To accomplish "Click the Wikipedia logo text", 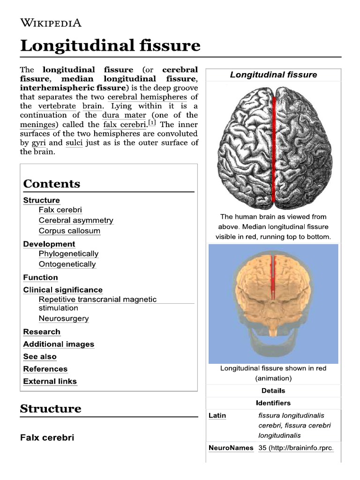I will click(51, 22).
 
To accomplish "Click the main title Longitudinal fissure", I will click(110, 46).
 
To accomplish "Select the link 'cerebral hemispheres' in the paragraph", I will click(147, 97).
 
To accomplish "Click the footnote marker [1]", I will click(152, 123).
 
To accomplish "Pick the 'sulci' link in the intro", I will click(74, 142).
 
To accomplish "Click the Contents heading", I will click(52, 184).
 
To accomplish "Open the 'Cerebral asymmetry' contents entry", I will click(76, 220).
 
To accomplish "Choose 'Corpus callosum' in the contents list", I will click(69, 231).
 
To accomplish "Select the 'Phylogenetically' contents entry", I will click(68, 254).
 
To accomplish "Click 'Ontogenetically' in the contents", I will click(67, 264).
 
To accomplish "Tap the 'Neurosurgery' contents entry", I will click(64, 319).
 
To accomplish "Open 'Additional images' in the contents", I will click(59, 344).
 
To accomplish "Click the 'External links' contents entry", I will click(50, 381).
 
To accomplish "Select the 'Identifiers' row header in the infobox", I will click(273, 403).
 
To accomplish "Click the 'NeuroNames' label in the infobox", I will click(231, 448).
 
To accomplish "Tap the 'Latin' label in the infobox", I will click(217, 415).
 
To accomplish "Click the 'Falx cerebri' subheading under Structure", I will click(47, 438).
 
